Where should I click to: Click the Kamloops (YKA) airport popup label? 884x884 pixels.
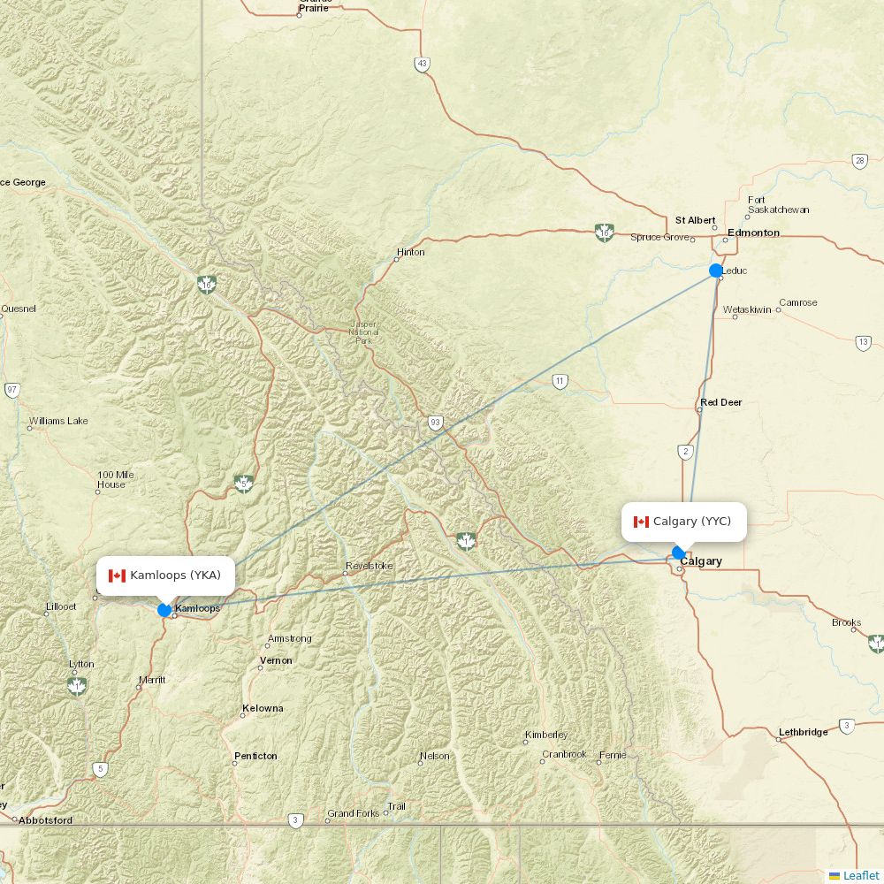coord(165,575)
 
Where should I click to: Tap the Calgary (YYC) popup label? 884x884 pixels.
coord(683,522)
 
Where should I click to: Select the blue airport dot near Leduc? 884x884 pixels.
coord(716,271)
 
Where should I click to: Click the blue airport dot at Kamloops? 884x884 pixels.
coord(164,610)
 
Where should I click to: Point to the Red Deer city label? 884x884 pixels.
coord(720,402)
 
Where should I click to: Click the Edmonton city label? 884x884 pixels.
coord(753,232)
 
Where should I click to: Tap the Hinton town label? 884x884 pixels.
coord(410,252)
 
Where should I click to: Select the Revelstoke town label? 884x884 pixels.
coord(369,566)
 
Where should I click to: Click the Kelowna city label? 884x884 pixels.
coord(263,708)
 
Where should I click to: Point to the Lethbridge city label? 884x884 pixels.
coord(803,732)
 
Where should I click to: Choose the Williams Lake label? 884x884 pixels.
coord(58,421)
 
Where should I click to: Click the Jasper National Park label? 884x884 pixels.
coord(363,331)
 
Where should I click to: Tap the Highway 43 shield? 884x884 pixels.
coord(423,64)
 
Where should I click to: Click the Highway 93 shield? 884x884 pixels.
coord(435,423)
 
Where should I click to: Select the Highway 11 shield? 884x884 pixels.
coord(560,382)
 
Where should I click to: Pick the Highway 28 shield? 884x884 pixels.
coord(860,161)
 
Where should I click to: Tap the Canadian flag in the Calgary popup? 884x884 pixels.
coord(641,522)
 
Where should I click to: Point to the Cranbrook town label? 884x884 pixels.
coord(564,754)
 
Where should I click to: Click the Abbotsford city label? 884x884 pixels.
coord(45,819)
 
